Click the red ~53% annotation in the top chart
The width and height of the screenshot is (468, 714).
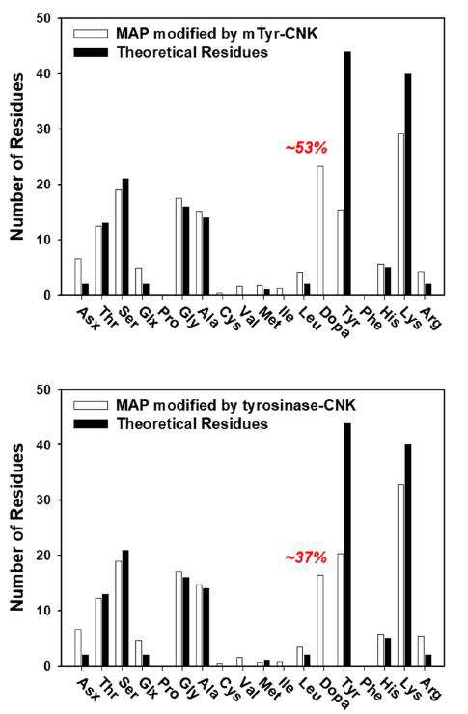pyautogui.click(x=306, y=148)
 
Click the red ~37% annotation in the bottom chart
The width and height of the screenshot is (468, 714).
pyautogui.click(x=306, y=557)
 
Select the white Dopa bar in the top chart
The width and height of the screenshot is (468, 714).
pyautogui.click(x=320, y=230)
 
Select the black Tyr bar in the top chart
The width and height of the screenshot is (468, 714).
pyautogui.click(x=347, y=174)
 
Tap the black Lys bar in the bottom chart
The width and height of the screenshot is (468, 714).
pyautogui.click(x=408, y=556)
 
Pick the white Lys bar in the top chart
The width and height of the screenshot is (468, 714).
pyautogui.click(x=401, y=214)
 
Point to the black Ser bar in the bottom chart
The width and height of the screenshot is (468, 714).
pyautogui.click(x=125, y=609)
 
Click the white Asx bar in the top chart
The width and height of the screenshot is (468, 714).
pyautogui.click(x=78, y=277)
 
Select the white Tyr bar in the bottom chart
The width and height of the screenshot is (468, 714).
pyautogui.click(x=341, y=610)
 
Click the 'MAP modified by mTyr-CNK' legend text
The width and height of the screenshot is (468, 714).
pyautogui.click(x=216, y=33)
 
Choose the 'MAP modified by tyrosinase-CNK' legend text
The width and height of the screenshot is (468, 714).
pyautogui.click(x=235, y=405)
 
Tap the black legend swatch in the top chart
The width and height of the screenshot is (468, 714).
pyautogui.click(x=91, y=52)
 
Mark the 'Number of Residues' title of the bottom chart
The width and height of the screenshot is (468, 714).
pyautogui.click(x=17, y=528)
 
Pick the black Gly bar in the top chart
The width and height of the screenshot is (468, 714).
pyautogui.click(x=186, y=251)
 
